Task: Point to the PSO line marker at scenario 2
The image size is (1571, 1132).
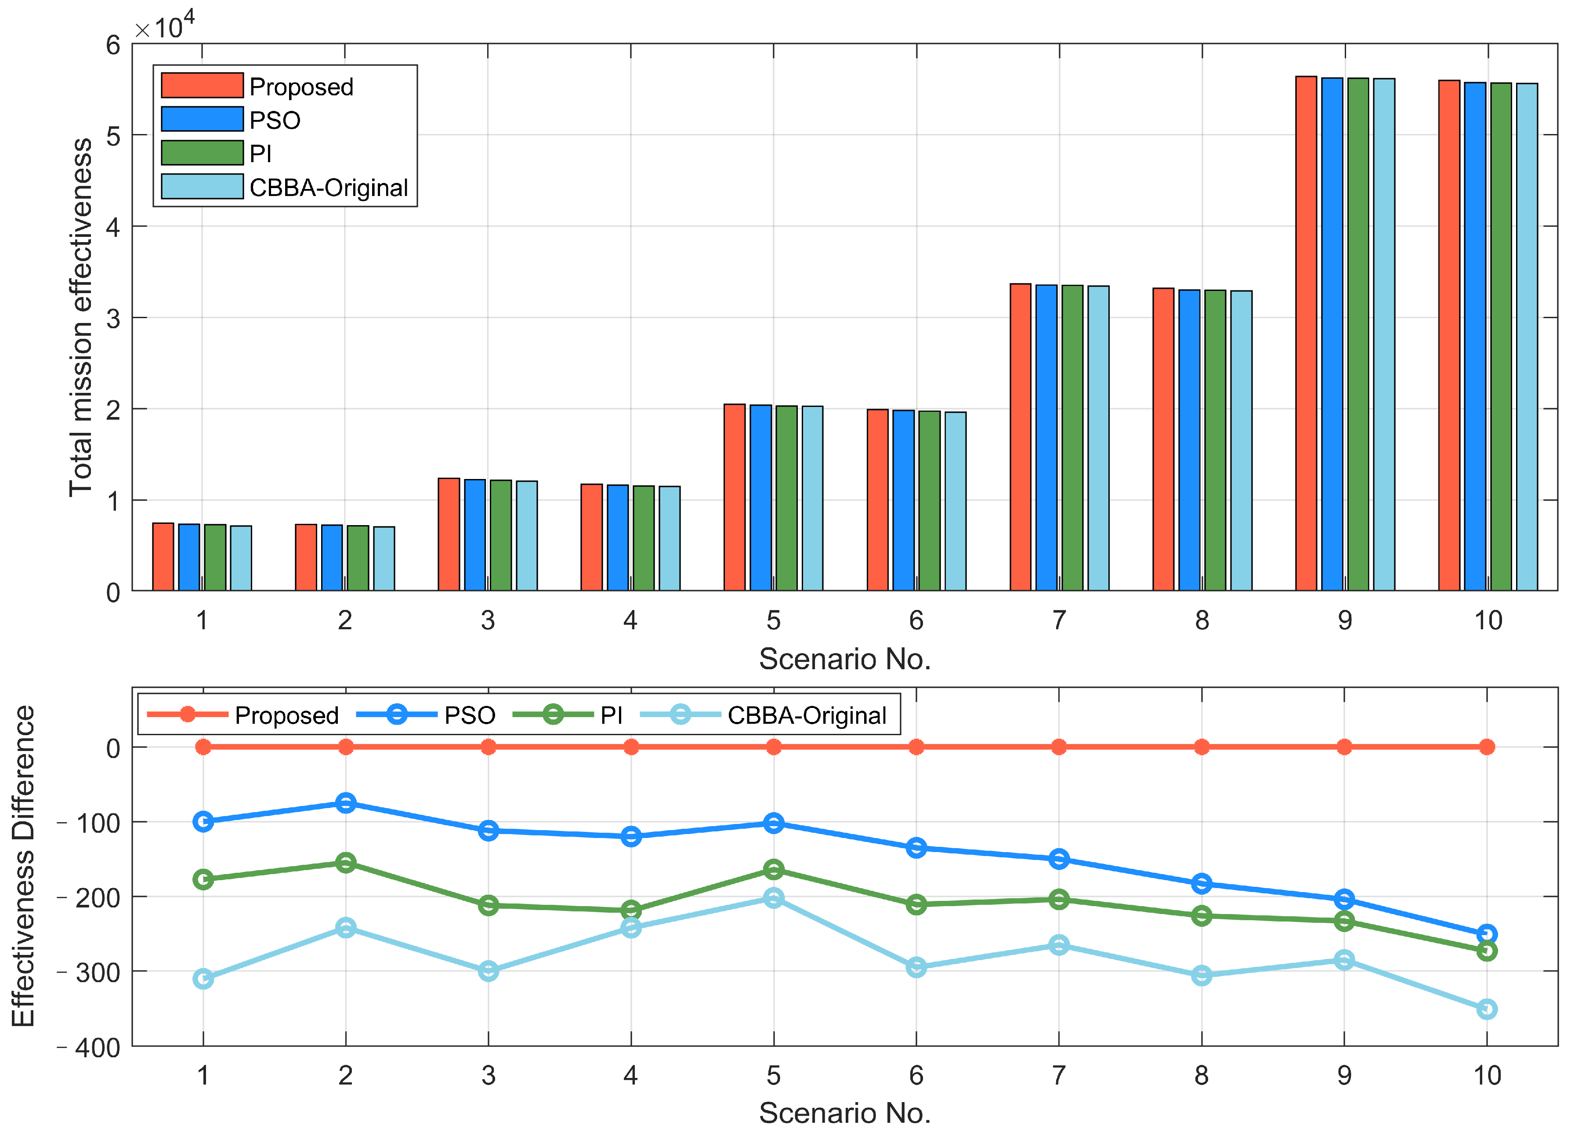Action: [x=346, y=803]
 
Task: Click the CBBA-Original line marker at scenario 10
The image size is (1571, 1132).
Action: [x=1487, y=1009]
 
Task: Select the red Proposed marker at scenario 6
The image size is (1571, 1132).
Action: [x=916, y=747]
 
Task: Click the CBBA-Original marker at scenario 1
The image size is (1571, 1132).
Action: [x=203, y=978]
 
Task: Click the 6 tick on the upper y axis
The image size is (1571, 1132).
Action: [x=113, y=46]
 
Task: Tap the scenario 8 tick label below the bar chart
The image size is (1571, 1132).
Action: [x=1202, y=620]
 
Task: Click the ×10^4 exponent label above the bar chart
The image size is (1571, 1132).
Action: [x=165, y=26]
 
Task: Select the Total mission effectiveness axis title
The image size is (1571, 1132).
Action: [x=80, y=317]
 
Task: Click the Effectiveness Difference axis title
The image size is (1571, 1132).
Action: [x=23, y=866]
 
